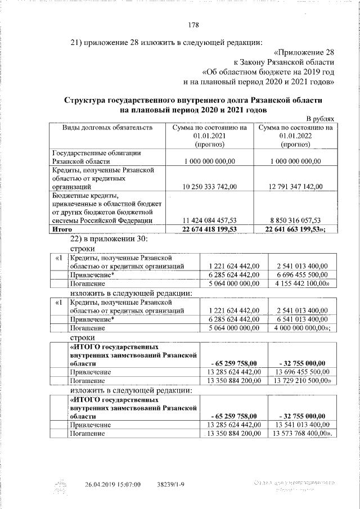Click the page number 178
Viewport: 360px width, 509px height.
(193, 25)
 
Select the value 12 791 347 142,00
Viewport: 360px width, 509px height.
(295, 186)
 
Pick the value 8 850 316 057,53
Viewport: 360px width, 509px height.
(295, 220)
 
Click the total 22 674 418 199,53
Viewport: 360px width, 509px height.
(209, 229)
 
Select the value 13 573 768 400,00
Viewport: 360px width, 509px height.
(303, 434)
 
